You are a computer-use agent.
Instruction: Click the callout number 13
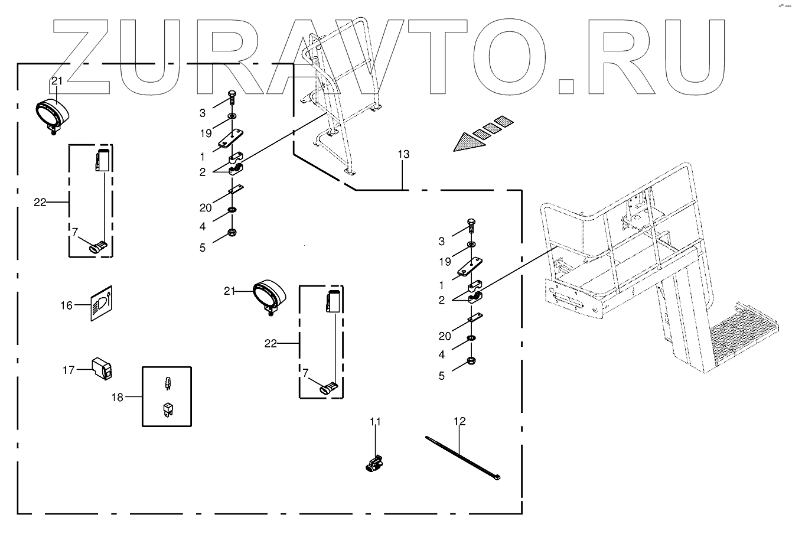pos(403,155)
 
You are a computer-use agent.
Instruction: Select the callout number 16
pos(66,305)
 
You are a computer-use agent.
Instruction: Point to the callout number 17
pos(69,370)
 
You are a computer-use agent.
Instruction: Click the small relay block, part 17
pos(102,369)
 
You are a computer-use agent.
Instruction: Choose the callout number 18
pos(117,397)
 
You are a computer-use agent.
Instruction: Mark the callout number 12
pos(459,421)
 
